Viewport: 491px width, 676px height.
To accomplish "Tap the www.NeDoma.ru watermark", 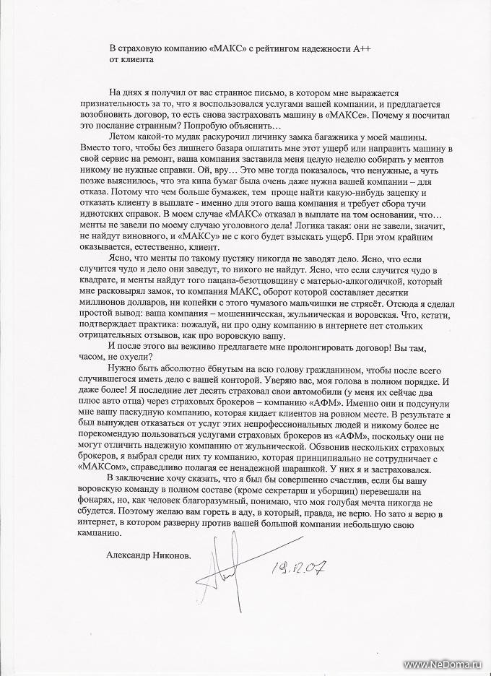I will point(444,664).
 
